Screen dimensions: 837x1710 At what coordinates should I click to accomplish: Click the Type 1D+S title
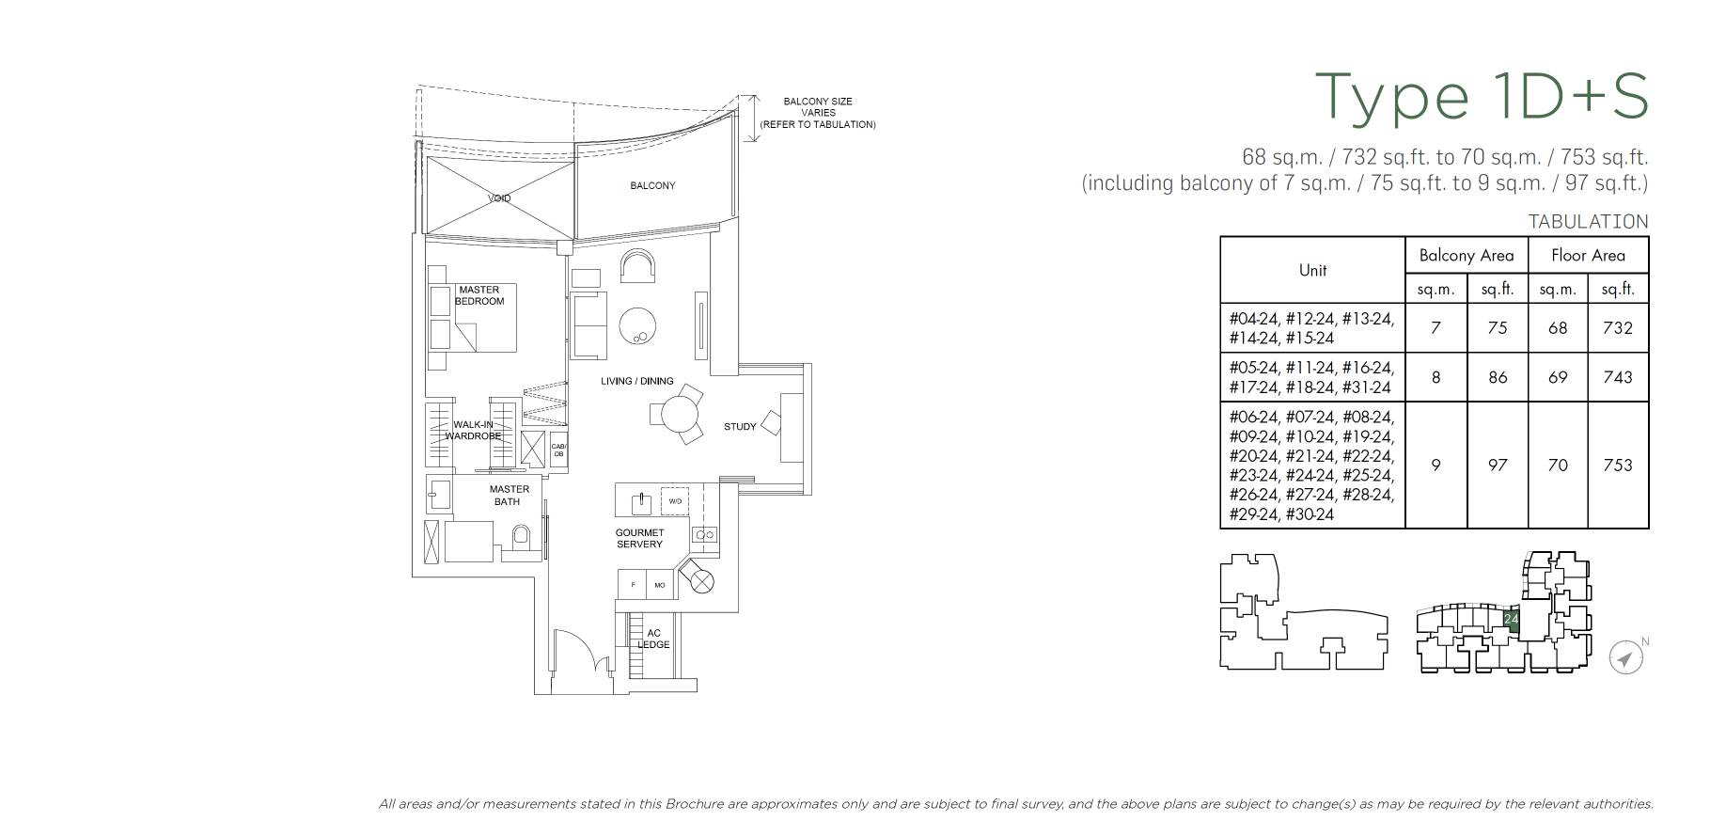pos(1481,97)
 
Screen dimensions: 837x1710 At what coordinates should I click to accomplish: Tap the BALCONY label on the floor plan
pos(652,185)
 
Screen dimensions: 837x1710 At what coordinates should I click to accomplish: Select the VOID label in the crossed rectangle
pos(499,198)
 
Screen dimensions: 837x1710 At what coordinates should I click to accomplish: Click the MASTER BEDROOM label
pos(479,295)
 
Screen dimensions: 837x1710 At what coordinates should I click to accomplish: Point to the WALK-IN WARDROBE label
pos(472,431)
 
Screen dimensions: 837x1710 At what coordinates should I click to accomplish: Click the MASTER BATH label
pos(509,495)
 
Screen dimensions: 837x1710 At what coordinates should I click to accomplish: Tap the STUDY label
pos(740,426)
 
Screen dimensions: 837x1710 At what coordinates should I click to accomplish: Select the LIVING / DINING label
pos(637,381)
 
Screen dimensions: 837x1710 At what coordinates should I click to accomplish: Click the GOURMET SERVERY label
pos(639,538)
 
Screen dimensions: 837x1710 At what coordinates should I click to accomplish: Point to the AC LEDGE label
pos(653,639)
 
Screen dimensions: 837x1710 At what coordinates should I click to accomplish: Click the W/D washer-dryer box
pos(675,501)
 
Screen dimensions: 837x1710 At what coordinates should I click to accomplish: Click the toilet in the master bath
pos(521,538)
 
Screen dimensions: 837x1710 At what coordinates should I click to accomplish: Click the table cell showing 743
pos(1617,377)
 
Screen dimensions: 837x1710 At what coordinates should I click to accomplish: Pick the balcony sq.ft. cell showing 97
pos(1497,465)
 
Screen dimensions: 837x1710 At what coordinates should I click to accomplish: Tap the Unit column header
pos(1312,270)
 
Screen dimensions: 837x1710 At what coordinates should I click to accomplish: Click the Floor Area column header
pos(1587,255)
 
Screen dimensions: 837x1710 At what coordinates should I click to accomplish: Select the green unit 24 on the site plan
pos(1511,619)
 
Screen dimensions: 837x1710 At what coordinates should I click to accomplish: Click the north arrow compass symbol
pos(1624,657)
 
